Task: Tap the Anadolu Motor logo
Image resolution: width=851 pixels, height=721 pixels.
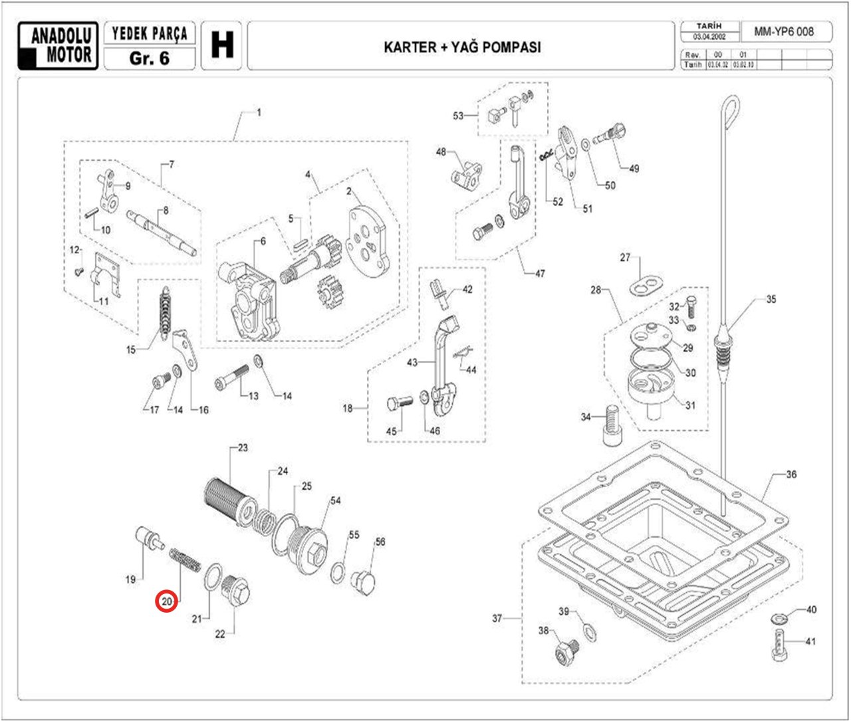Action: [x=59, y=46]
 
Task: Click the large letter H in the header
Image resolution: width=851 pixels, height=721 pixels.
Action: [x=222, y=46]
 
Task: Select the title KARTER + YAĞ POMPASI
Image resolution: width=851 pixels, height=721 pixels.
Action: [x=462, y=47]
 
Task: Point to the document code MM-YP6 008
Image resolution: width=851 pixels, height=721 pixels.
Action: [x=784, y=31]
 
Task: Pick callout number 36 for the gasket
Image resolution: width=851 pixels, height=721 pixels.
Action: [x=791, y=474]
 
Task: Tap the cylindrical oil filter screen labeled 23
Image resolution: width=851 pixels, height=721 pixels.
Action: [x=229, y=503]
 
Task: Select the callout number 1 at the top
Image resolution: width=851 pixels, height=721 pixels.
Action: [x=259, y=113]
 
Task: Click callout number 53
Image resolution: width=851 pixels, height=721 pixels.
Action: [x=458, y=116]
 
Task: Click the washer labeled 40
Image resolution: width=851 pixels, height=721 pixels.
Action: [x=779, y=619]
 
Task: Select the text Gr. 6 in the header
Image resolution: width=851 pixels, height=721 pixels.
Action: [x=150, y=58]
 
